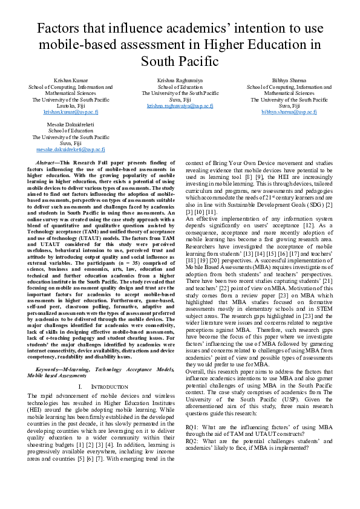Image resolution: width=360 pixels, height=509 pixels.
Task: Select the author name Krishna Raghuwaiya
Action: (180, 80)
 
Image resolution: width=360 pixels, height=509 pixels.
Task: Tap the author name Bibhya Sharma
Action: (289, 80)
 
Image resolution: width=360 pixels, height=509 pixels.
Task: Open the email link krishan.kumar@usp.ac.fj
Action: (70, 112)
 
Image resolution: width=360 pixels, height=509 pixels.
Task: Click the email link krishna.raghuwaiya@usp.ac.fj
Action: (180, 106)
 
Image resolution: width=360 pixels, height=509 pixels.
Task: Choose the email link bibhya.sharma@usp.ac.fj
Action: (289, 112)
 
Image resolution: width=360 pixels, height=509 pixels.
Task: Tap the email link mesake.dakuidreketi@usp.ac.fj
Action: (70, 149)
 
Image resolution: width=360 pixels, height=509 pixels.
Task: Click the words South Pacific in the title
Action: (180, 61)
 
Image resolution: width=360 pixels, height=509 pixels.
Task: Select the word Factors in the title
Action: (61, 28)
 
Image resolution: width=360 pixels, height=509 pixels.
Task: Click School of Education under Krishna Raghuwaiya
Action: (180, 87)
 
